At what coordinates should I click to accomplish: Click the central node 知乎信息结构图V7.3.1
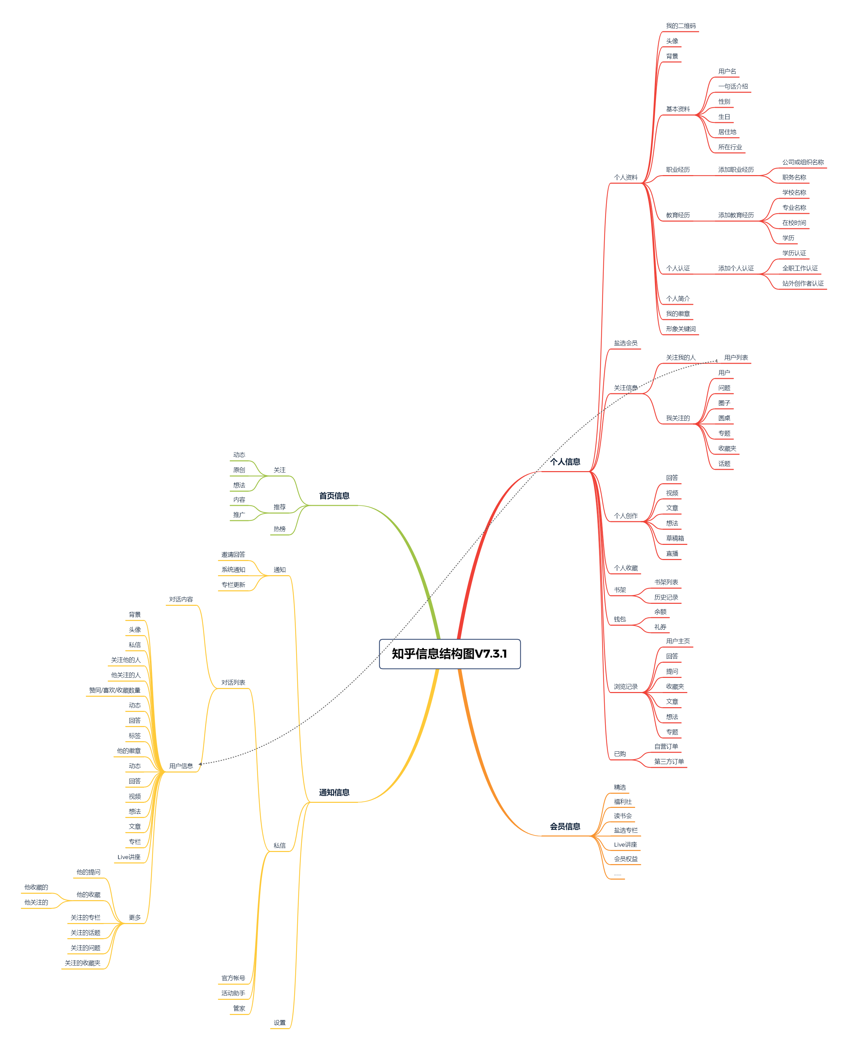(x=449, y=654)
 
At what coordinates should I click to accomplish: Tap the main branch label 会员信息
(x=565, y=826)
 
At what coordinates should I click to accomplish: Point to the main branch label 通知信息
(x=334, y=792)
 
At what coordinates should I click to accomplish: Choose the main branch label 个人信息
(x=565, y=462)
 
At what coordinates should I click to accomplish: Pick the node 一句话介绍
(x=733, y=87)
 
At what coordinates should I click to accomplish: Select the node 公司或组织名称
(x=803, y=162)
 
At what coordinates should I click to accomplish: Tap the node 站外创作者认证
(x=802, y=283)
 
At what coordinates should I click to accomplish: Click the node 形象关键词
(x=681, y=329)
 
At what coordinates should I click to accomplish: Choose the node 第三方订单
(x=669, y=761)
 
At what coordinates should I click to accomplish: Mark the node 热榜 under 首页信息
(x=279, y=529)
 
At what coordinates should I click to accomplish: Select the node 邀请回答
(x=233, y=555)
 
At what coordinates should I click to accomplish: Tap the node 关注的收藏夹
(x=83, y=963)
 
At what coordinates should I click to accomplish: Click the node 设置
(x=279, y=1023)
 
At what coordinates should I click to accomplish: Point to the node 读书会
(x=622, y=816)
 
